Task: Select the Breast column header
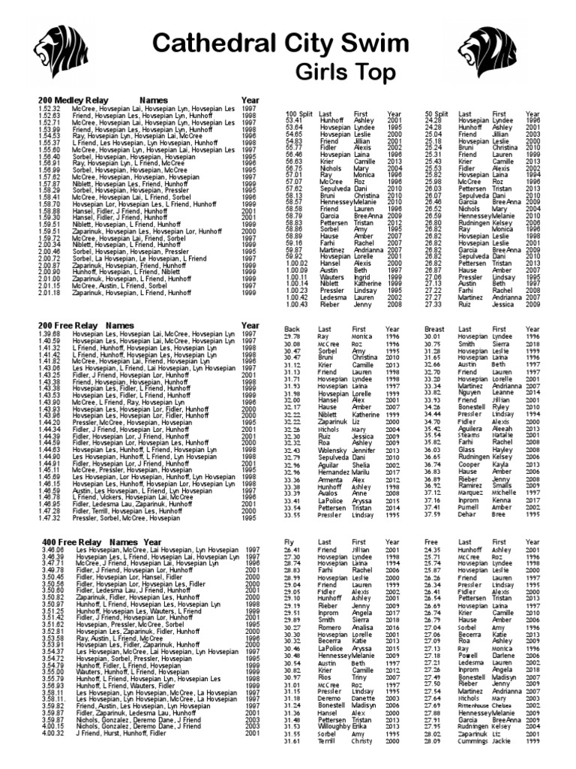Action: coord(435,329)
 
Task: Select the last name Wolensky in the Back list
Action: coord(333,449)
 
